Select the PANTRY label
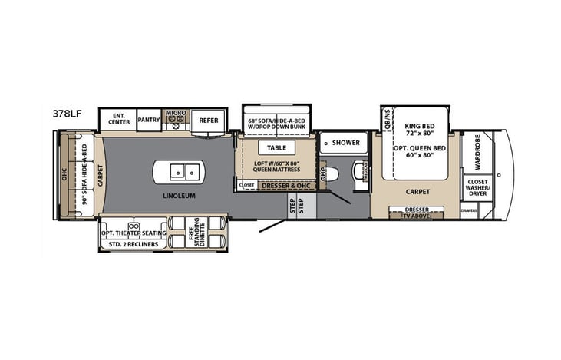(148, 120)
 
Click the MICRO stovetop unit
(176, 119)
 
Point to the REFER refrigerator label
(209, 120)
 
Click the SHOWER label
(345, 142)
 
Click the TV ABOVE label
(416, 216)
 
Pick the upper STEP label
(292, 202)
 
